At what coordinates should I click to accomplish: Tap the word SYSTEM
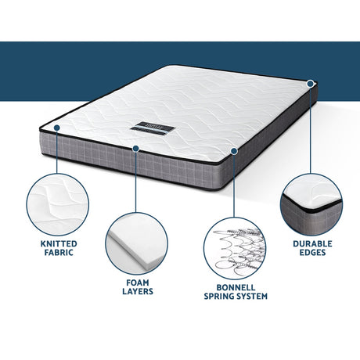250,297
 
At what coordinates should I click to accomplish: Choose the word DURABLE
311,243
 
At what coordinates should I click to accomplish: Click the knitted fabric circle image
57,203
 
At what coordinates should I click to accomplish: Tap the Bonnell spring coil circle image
234,243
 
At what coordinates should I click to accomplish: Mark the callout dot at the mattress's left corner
57,127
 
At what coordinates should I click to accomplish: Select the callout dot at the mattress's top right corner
311,82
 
